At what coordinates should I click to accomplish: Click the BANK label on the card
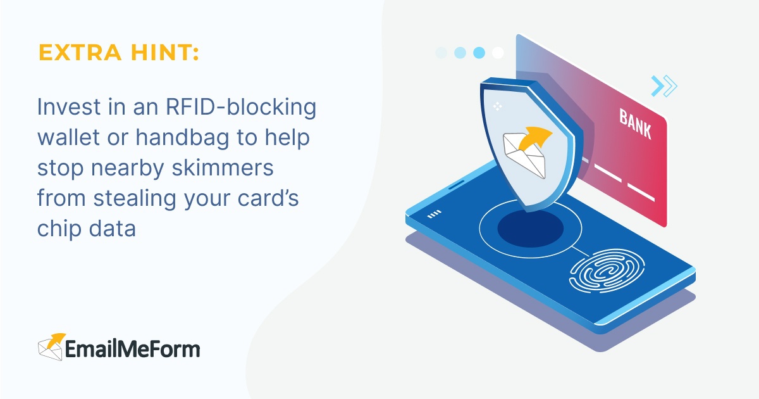(634, 124)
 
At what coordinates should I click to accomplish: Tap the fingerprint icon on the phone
(602, 274)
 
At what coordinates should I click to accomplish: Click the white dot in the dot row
(498, 53)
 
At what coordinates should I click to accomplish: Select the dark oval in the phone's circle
(530, 229)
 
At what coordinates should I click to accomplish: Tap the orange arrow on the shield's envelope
(538, 136)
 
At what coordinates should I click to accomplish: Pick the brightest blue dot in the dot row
(479, 53)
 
